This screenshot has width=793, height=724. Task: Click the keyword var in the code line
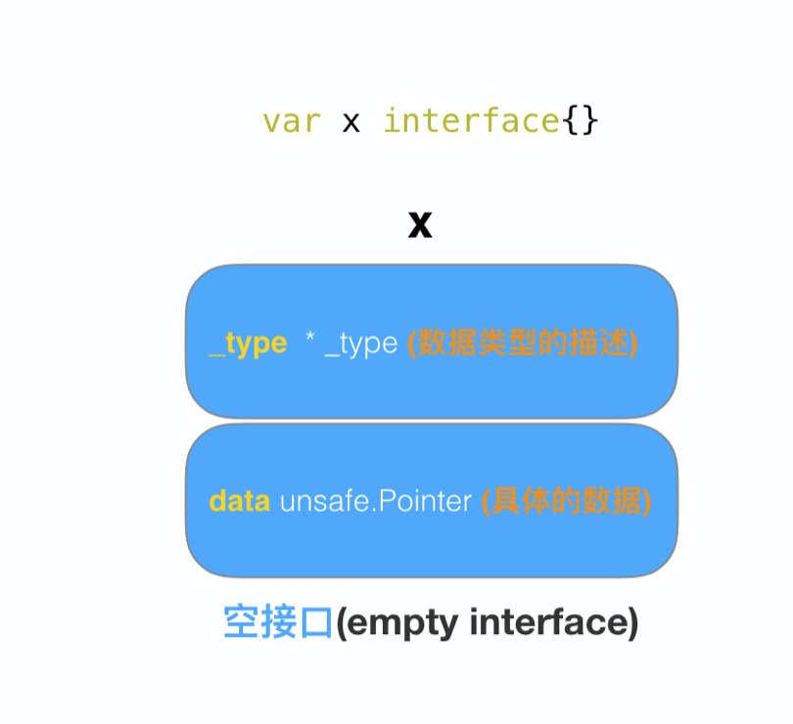tap(291, 121)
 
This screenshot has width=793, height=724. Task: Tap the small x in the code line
tap(350, 122)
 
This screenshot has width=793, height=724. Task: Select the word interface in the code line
tap(471, 121)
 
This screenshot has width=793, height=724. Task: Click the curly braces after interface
tap(580, 121)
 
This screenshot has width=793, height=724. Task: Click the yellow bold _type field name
tap(248, 343)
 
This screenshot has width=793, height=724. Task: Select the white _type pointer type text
tap(360, 343)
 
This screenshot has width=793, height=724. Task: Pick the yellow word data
tap(239, 501)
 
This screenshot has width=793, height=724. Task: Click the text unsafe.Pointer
tap(376, 501)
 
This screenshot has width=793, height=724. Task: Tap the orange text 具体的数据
tap(567, 501)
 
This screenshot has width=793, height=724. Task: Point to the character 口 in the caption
tap(315, 622)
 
